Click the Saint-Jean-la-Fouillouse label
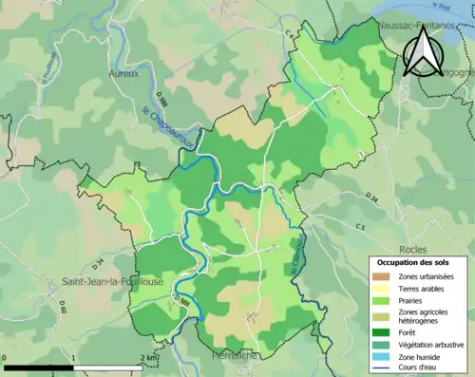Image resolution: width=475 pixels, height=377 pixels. [x=104, y=281]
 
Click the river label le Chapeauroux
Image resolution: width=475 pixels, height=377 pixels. [x=171, y=125]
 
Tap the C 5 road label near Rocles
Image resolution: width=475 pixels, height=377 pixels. [x=360, y=227]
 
